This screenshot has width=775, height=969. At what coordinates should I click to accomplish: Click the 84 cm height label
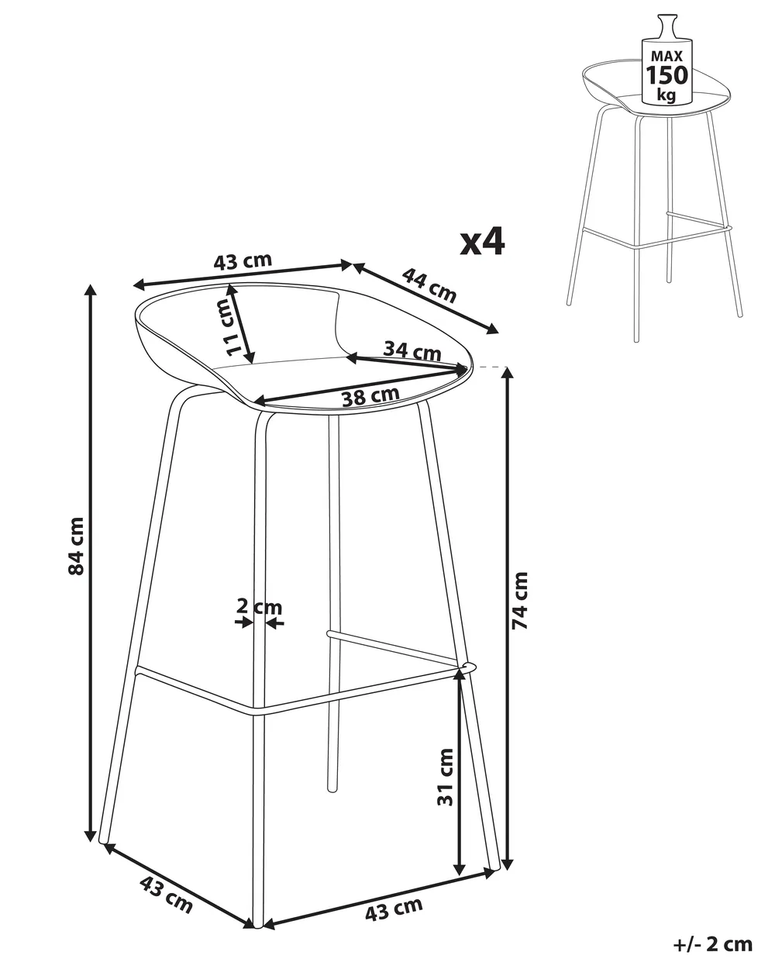click(x=76, y=547)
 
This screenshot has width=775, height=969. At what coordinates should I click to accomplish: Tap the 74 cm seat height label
click(x=520, y=600)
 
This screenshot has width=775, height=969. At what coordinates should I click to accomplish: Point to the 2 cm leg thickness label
click(x=259, y=607)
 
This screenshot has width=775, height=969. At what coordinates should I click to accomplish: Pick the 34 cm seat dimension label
click(x=412, y=350)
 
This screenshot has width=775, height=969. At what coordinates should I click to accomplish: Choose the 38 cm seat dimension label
click(x=370, y=396)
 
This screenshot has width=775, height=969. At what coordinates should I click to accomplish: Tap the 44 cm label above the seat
click(x=429, y=285)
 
